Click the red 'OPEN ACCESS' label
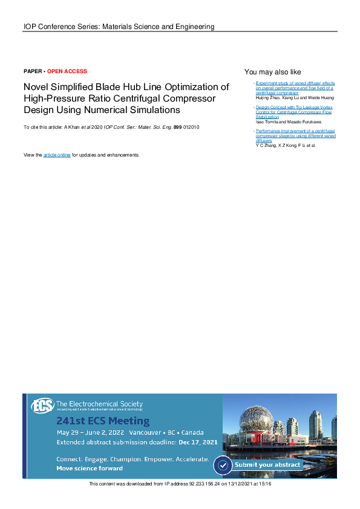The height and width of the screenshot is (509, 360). click(67, 71)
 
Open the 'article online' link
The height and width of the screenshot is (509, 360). click(57, 155)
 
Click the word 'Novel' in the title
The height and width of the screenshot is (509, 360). click(35, 87)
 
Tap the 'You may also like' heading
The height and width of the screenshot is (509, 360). click(272, 71)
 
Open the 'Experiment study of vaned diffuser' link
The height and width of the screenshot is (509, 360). click(295, 83)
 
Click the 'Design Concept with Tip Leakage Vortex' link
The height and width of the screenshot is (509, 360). click(293, 106)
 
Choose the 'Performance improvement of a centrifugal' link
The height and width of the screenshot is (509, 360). click(295, 131)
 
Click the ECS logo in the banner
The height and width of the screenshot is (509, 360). click(42, 406)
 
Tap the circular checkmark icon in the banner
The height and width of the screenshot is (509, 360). click(224, 465)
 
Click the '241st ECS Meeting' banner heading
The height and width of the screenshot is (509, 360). click(103, 421)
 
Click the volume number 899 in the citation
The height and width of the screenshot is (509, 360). click(178, 128)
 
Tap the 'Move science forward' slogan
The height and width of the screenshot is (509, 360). click(90, 468)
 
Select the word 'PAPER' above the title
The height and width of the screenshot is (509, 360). click(33, 71)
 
